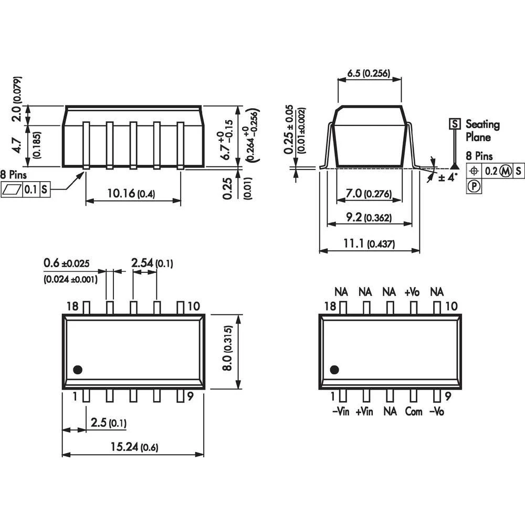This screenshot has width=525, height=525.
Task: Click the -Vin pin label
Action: (x=341, y=412)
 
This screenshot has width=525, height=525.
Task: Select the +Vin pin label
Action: (x=364, y=412)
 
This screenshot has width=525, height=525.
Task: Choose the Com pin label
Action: (x=413, y=412)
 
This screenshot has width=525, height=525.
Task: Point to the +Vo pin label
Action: (x=412, y=291)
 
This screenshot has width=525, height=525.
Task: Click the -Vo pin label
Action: (x=436, y=412)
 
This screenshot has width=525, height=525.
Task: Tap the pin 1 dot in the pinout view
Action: (x=335, y=370)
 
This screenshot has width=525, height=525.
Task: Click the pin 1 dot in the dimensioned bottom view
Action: (x=78, y=370)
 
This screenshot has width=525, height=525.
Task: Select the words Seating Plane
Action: (x=482, y=131)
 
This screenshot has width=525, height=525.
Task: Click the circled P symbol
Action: (x=474, y=186)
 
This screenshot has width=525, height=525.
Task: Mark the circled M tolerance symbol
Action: (x=505, y=171)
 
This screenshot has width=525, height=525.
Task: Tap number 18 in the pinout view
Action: (x=330, y=306)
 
